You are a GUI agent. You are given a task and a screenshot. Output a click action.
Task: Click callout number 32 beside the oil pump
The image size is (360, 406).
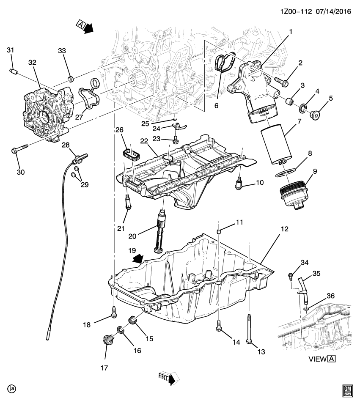tap(33, 62)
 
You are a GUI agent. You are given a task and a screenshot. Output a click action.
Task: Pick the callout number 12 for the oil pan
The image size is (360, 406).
tap(284, 229)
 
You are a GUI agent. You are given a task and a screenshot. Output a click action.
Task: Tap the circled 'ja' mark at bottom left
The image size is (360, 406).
tap(11, 388)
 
